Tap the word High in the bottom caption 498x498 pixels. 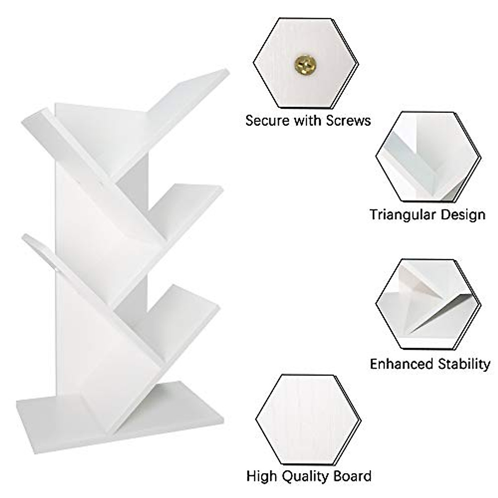[261, 476]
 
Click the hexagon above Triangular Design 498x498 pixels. [427, 157]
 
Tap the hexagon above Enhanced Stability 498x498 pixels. [427, 304]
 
